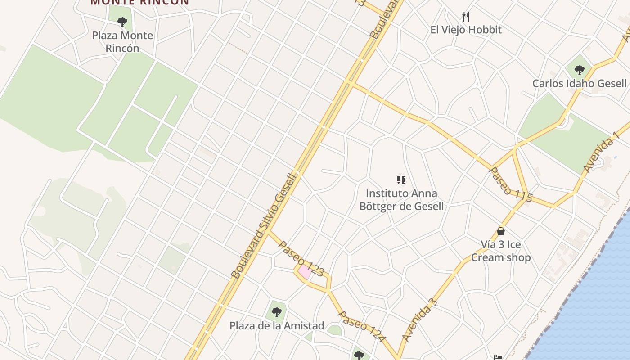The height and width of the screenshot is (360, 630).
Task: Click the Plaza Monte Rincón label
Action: [x=122, y=42]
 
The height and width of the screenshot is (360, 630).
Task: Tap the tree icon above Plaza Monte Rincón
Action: [x=122, y=22]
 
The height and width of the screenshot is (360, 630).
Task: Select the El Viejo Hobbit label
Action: [x=466, y=30]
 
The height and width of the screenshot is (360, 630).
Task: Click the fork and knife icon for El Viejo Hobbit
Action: [x=466, y=17]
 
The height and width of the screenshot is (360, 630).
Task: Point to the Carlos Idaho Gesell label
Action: [x=579, y=83]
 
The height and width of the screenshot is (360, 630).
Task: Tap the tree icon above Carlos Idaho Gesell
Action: [x=579, y=70]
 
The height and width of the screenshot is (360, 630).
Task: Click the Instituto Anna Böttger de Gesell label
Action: [x=401, y=200]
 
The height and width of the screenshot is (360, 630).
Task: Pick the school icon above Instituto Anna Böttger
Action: [x=401, y=180]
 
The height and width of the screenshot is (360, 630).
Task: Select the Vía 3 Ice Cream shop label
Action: [x=501, y=251]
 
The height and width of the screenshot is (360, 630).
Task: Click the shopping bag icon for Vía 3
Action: [x=501, y=231]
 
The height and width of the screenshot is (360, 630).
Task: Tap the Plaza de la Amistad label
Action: [x=277, y=325]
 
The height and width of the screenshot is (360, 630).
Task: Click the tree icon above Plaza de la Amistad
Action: [x=276, y=312]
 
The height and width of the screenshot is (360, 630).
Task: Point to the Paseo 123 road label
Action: [x=301, y=258]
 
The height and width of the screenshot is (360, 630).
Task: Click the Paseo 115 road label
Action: [x=510, y=184]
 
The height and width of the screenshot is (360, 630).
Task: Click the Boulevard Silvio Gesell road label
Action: [x=264, y=225]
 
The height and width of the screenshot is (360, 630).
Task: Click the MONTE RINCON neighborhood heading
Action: [x=139, y=2]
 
